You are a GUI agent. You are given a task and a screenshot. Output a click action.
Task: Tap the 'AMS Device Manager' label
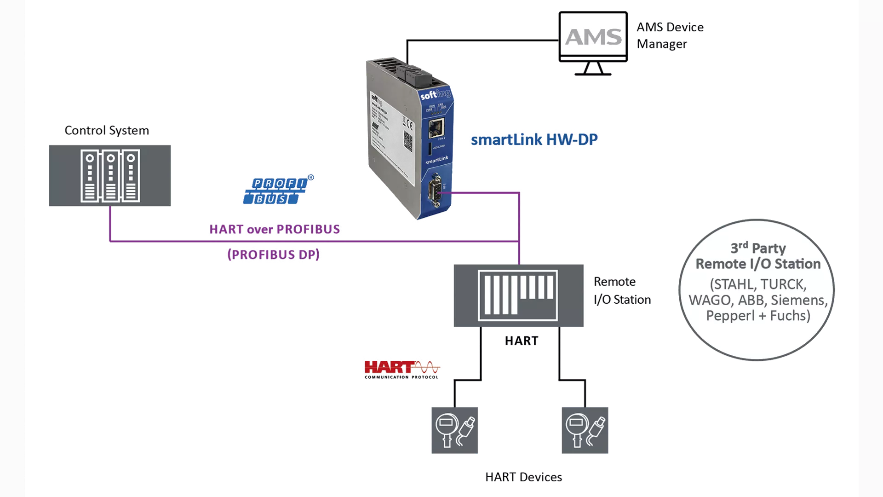pos(670,35)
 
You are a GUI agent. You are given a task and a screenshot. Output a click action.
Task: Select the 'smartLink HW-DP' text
pos(534,139)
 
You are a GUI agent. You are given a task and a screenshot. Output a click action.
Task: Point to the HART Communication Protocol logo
pos(401,369)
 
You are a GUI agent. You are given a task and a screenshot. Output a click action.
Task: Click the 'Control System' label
pos(107,130)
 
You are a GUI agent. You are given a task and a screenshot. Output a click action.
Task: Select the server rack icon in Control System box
pos(110,175)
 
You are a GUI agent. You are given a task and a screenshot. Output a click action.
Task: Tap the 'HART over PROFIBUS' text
pos(275,229)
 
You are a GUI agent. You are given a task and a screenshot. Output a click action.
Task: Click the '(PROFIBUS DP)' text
pos(273,254)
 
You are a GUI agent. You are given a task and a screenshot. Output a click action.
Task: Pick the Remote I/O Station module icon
pos(518,295)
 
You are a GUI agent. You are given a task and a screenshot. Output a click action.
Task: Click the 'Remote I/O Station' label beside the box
pos(622,290)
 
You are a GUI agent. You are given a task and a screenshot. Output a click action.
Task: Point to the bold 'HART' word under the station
pos(522,341)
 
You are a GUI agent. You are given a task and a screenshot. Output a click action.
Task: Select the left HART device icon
pos(454,430)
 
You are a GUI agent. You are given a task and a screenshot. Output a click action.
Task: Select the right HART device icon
pos(585,430)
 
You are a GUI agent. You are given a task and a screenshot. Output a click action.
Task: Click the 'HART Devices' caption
pos(523,477)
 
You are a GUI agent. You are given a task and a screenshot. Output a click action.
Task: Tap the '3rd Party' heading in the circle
pos(758,248)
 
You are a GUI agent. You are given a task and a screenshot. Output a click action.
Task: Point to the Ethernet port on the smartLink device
pos(436,128)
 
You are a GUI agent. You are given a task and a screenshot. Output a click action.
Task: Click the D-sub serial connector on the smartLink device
pos(435,190)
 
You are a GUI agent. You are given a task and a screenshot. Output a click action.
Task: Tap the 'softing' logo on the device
pos(435,94)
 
